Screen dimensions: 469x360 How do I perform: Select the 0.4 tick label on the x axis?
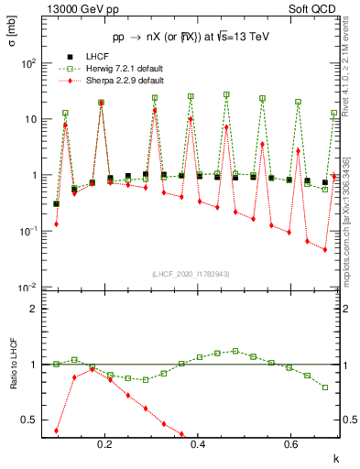tap(199, 444)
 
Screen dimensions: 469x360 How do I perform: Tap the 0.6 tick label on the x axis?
tap(291, 444)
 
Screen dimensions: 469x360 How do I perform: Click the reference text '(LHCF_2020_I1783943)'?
tap(190, 274)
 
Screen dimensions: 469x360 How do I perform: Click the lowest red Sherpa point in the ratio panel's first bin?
tap(57, 430)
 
